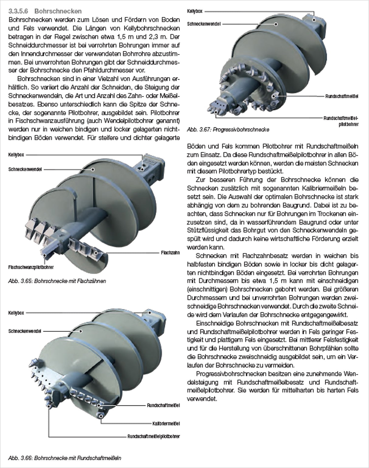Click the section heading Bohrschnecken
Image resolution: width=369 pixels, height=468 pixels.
pyautogui.click(x=58, y=11)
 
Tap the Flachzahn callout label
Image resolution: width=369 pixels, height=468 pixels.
pyautogui.click(x=170, y=253)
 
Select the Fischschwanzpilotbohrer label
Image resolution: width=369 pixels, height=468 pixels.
pyautogui.click(x=31, y=267)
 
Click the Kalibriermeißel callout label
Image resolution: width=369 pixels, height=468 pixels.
pyautogui.click(x=166, y=424)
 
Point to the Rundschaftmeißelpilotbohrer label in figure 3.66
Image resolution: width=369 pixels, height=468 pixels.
pyautogui.click(x=153, y=436)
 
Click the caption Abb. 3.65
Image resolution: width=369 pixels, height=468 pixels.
pyautogui.click(x=57, y=281)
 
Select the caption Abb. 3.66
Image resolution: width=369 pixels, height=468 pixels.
pyautogui.click(x=65, y=458)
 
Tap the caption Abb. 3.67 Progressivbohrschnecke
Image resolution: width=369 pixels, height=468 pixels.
pyautogui.click(x=228, y=130)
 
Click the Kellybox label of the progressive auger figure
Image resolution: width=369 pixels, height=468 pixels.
pyautogui.click(x=195, y=11)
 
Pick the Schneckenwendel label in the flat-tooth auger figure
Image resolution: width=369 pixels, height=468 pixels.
pyautogui.click(x=25, y=169)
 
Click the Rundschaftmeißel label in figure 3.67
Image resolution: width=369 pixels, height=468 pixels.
pyautogui.click(x=342, y=96)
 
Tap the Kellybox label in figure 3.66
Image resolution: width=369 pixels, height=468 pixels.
pyautogui.click(x=16, y=313)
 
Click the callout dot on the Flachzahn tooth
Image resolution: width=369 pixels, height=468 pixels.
pyautogui.click(x=96, y=253)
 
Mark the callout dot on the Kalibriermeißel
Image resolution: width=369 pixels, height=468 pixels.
pyautogui.click(x=101, y=416)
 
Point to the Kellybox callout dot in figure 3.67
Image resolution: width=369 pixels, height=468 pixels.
pyautogui.click(x=314, y=20)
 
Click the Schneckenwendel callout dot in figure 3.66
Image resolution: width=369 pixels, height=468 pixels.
pyautogui.click(x=81, y=331)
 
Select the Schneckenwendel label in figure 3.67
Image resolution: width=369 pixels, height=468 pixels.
pyautogui.click(x=204, y=24)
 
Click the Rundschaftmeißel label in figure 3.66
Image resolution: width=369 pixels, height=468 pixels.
pyautogui.click(x=164, y=405)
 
